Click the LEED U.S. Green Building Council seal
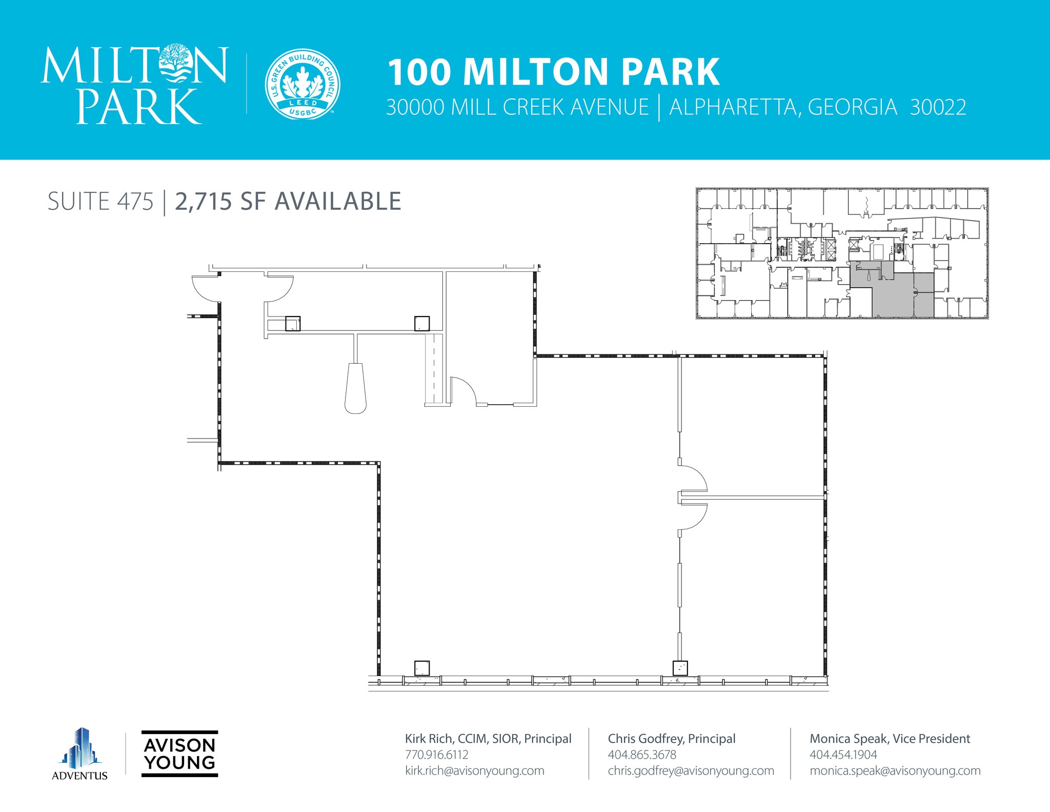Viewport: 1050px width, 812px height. coord(302,85)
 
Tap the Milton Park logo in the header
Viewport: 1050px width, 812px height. coord(134,85)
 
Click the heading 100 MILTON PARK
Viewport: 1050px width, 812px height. coord(553,72)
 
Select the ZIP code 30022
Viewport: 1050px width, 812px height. coord(938,108)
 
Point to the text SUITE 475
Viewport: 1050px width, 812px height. coord(100,202)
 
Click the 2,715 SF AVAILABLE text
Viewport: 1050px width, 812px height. coord(288,202)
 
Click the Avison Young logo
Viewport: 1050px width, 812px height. coord(179,754)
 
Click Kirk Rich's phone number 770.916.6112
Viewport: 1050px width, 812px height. coord(436,755)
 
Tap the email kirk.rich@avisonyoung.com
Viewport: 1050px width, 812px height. coord(474,770)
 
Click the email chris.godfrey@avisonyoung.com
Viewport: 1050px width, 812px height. coord(691,770)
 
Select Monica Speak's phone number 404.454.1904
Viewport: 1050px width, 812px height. coord(843,755)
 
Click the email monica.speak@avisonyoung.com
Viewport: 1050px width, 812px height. coord(895,770)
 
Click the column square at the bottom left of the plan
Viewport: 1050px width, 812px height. coord(421,668)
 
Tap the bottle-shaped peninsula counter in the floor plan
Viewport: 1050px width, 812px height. coord(355,388)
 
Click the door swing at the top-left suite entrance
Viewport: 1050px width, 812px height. coord(206,289)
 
